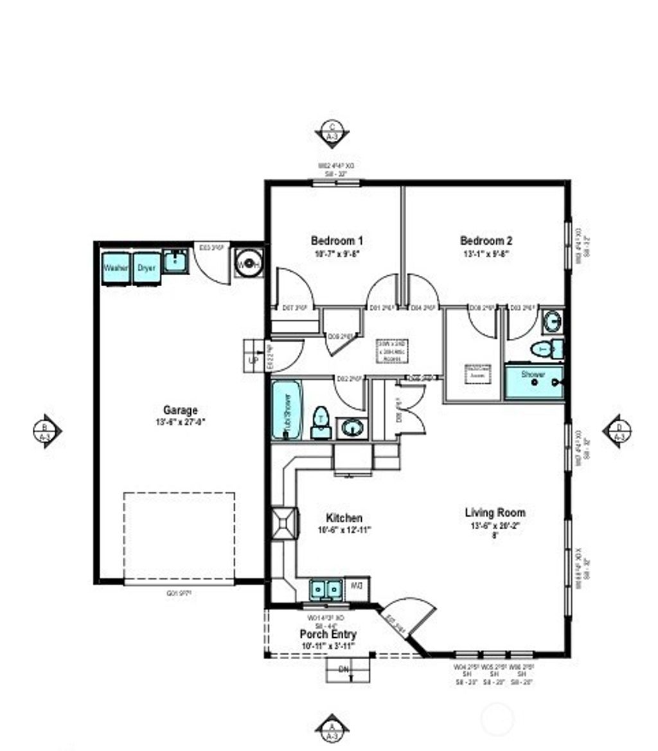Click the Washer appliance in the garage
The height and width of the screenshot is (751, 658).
[x=116, y=267]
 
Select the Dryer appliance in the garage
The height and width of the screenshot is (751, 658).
[x=147, y=267]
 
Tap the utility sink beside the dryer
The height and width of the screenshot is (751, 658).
[x=175, y=262]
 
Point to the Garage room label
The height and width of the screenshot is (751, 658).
[x=180, y=410]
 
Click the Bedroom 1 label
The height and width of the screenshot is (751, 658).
[x=337, y=241]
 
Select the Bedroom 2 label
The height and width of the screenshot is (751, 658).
[x=486, y=241]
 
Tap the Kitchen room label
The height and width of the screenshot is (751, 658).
[x=344, y=518]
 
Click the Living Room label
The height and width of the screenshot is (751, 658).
[x=495, y=513]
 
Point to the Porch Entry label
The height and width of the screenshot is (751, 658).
[x=328, y=635]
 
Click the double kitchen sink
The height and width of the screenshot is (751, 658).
[x=326, y=588]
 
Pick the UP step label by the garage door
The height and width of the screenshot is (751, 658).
[x=253, y=361]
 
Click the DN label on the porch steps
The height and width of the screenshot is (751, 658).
[x=344, y=670]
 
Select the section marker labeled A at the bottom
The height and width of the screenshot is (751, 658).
[x=332, y=728]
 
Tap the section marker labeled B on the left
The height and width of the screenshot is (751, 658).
[x=46, y=430]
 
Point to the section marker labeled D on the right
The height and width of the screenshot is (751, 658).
[x=618, y=430]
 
